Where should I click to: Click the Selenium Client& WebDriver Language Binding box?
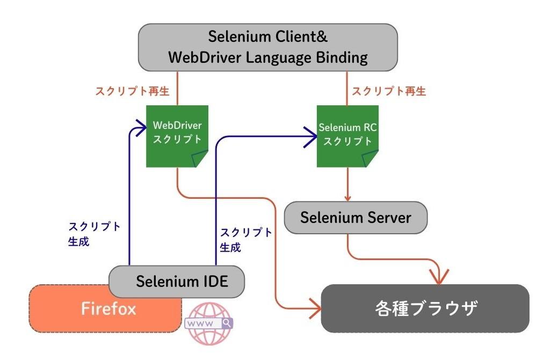click(268, 47)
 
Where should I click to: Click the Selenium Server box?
click(356, 218)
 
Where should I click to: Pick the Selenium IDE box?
click(177, 281)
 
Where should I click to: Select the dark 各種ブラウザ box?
click(425, 308)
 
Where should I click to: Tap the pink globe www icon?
click(208, 323)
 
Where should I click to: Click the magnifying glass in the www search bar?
click(227, 323)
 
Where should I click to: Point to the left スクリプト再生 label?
click(132, 91)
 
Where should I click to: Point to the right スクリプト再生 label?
click(389, 91)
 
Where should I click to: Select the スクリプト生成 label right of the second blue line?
click(246, 240)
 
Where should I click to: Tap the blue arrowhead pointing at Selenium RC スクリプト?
click(311, 137)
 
